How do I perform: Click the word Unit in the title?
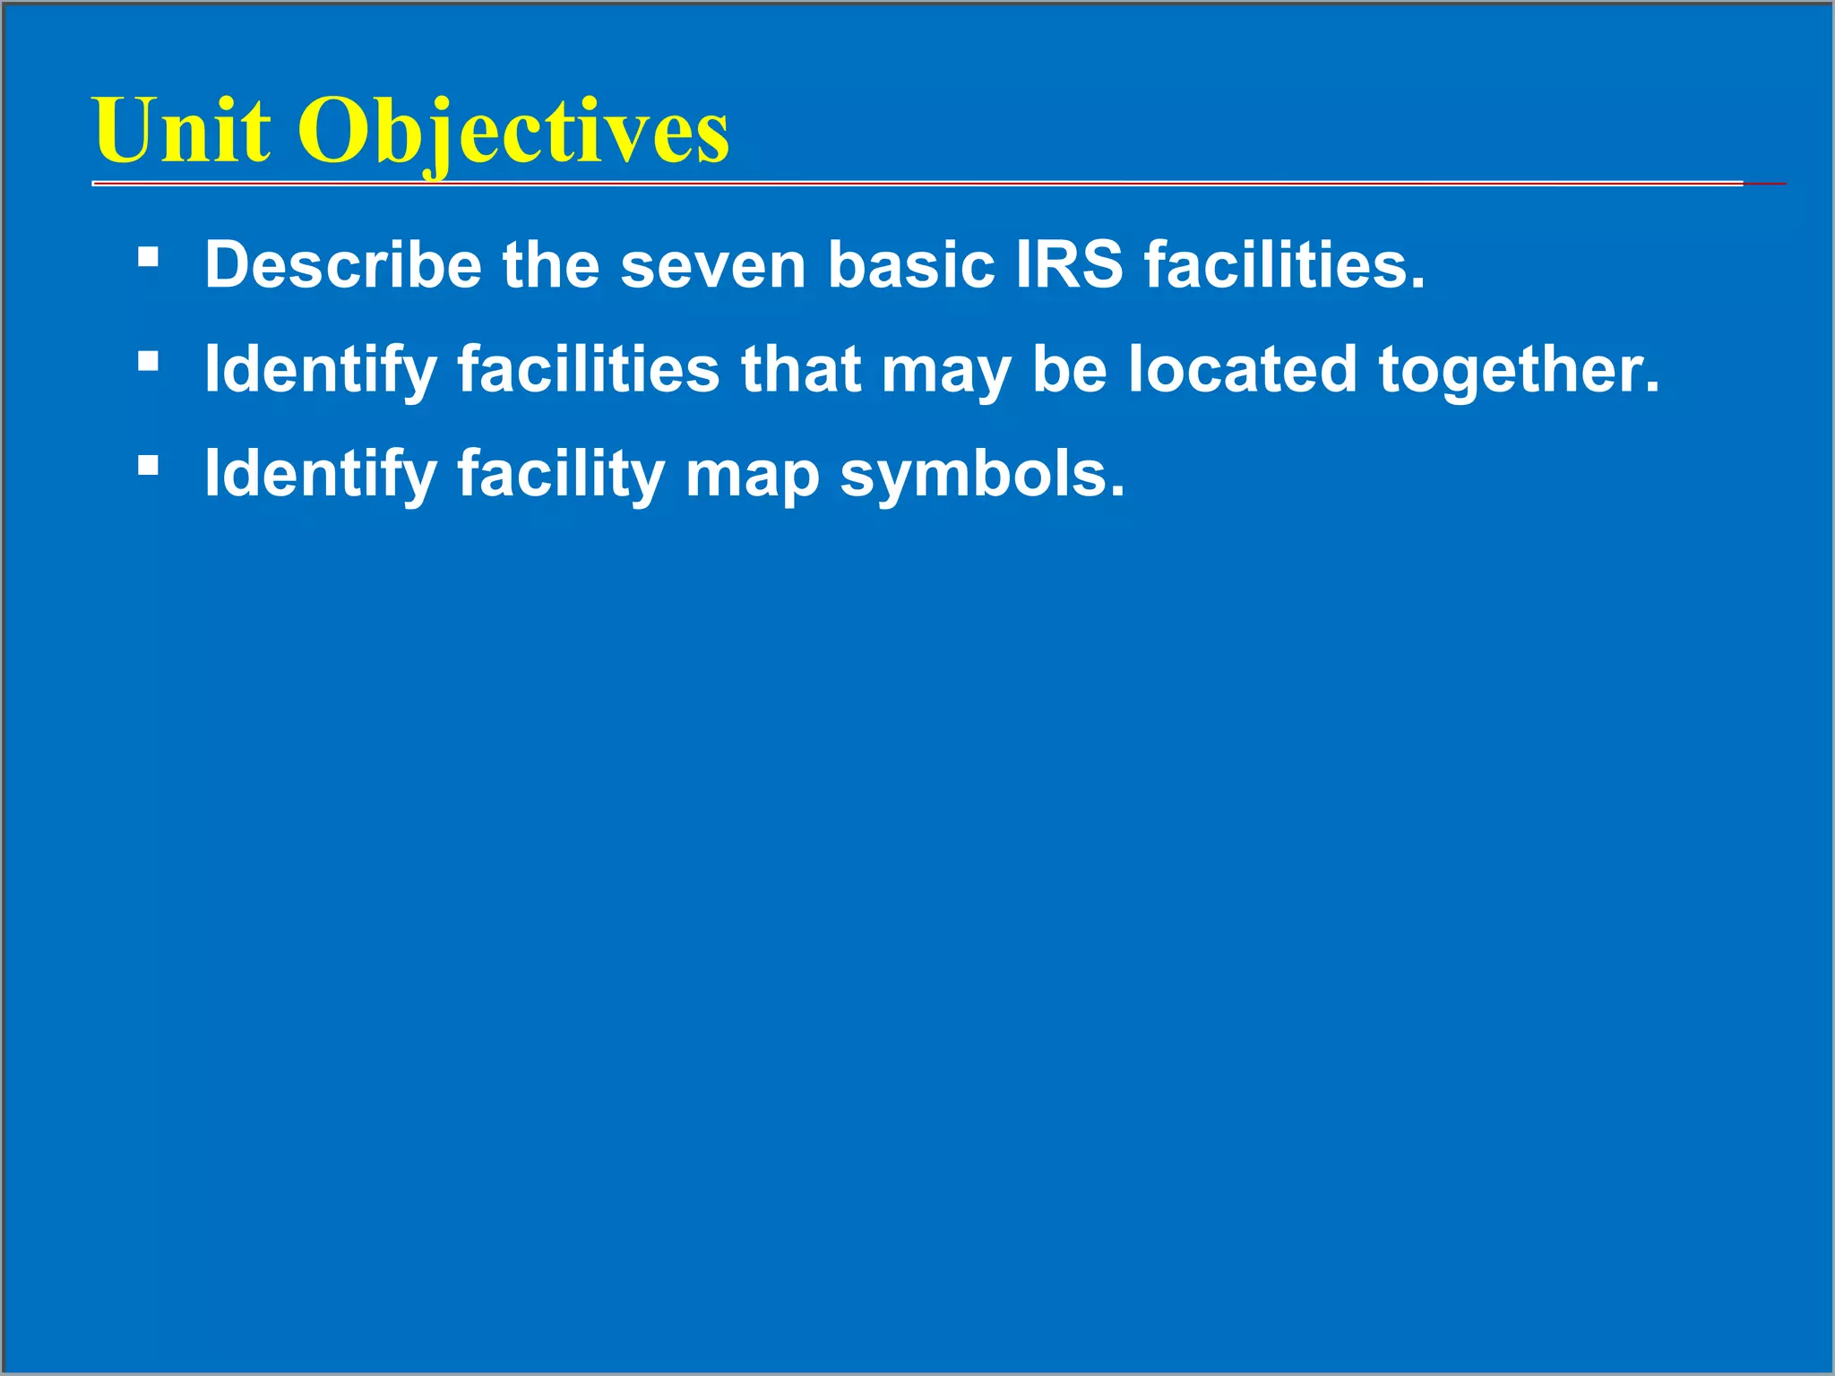click(182, 132)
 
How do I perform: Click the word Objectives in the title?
click(513, 132)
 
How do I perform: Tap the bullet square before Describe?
click(149, 259)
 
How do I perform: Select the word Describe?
click(343, 265)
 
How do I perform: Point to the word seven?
click(713, 265)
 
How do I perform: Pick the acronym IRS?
click(1069, 265)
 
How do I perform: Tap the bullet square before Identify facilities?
click(149, 363)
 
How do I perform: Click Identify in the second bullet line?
click(320, 370)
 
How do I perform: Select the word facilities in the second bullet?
click(589, 370)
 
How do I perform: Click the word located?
click(1242, 370)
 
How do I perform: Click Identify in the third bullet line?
click(320, 474)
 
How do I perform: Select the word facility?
click(561, 474)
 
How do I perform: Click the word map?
click(752, 474)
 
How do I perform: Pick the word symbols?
click(981, 474)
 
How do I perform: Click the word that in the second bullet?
click(800, 370)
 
